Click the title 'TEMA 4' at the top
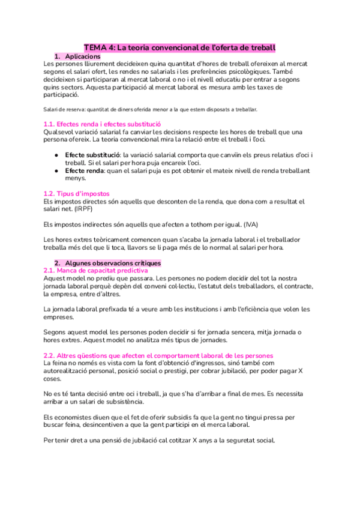[99, 47]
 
